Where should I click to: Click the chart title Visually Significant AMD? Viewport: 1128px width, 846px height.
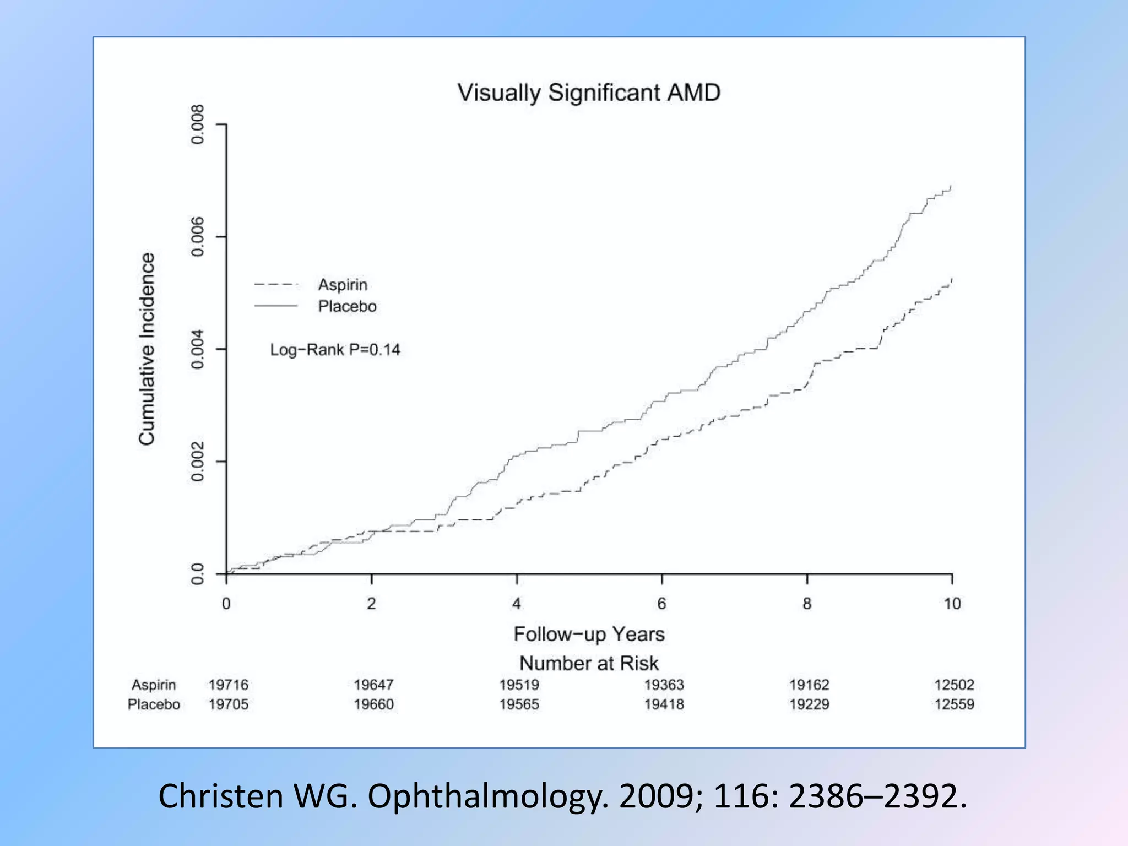(x=588, y=93)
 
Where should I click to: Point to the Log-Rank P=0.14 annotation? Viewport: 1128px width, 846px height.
(x=335, y=350)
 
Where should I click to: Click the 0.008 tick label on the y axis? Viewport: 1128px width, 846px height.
(x=197, y=124)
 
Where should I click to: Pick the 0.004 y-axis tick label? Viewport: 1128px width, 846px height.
(x=197, y=349)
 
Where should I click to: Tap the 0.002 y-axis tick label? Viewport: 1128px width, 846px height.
(x=197, y=462)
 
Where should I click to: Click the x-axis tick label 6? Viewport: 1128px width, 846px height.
(x=661, y=604)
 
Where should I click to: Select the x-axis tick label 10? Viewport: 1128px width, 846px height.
(x=952, y=604)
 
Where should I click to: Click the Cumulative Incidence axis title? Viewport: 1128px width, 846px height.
(x=147, y=349)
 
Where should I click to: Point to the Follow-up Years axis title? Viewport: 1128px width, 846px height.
(x=589, y=634)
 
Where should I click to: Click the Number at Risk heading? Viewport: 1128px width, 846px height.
(x=589, y=663)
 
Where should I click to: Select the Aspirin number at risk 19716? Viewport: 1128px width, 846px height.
(x=229, y=685)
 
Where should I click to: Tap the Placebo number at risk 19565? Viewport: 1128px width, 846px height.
(x=519, y=704)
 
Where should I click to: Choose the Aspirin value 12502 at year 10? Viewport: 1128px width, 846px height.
(x=954, y=685)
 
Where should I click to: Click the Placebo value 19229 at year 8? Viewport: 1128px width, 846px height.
(x=809, y=704)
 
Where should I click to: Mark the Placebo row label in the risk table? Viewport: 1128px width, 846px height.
(x=154, y=704)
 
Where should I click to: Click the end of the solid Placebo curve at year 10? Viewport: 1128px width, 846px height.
(x=951, y=187)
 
